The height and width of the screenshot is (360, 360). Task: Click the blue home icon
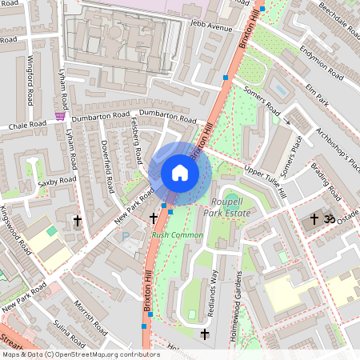point(179,173)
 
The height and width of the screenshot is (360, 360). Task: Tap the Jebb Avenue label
point(210,26)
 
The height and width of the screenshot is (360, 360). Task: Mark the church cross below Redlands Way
point(205,334)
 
